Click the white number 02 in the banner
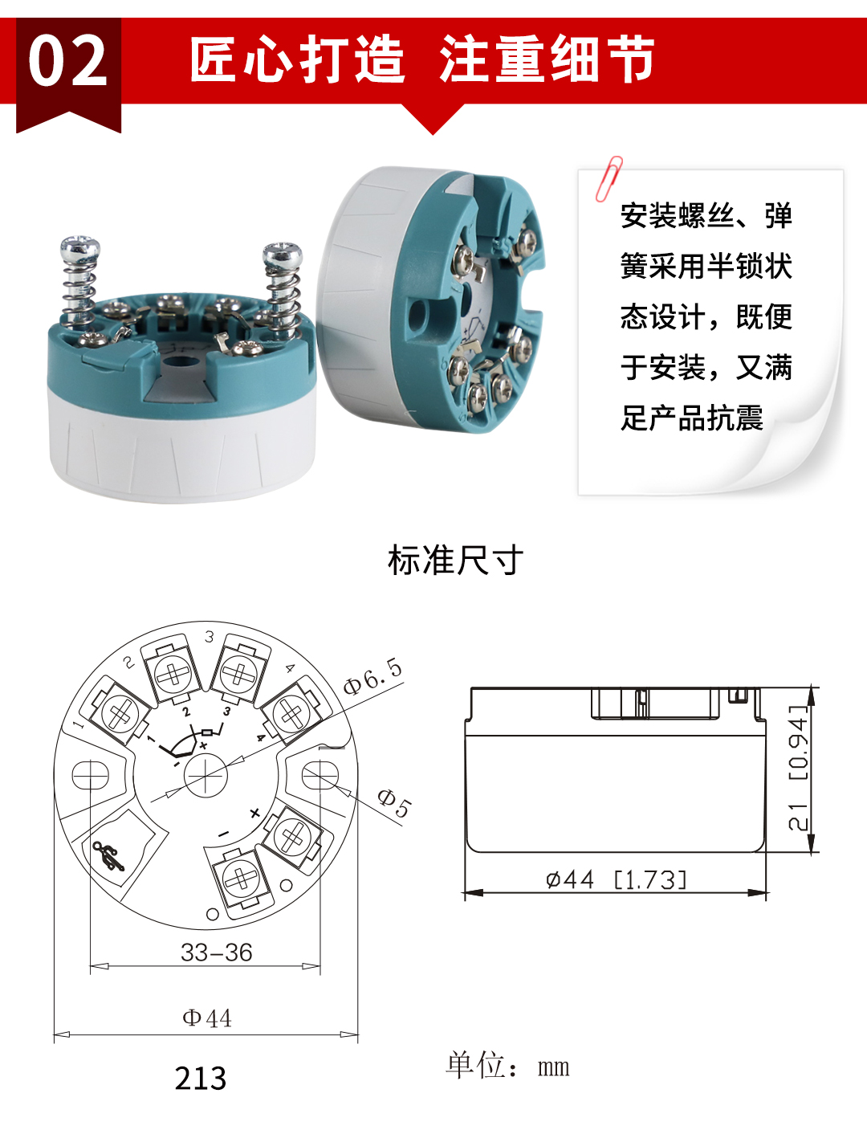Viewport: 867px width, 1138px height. (67, 62)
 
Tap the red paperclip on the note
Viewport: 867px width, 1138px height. (609, 178)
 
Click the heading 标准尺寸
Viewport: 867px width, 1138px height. (455, 561)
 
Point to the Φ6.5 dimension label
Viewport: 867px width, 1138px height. (372, 676)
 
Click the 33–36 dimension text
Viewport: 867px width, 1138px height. (216, 952)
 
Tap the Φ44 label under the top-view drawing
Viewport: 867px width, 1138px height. (207, 1018)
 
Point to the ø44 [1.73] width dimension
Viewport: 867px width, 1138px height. (616, 880)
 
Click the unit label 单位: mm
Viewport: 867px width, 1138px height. (507, 1066)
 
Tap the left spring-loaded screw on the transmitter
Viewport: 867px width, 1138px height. (81, 281)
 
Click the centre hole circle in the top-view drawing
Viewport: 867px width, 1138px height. (206, 775)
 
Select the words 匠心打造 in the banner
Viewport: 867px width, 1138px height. (297, 60)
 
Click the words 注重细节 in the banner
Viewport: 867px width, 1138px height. (547, 60)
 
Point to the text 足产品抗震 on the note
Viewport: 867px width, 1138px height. (691, 418)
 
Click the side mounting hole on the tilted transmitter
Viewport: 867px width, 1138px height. (417, 316)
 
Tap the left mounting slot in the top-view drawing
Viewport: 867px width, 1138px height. (91, 776)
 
